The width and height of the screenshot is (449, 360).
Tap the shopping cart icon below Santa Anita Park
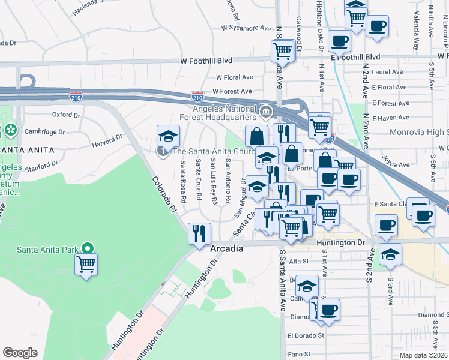pos(86,263)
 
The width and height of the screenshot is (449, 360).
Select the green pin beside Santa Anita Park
pos(88,247)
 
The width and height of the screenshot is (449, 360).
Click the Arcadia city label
pos(227,248)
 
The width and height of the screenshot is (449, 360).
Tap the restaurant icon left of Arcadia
pos(199,233)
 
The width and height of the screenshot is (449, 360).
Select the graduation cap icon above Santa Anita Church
pos(168,136)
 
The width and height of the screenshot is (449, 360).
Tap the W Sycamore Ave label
pos(246,28)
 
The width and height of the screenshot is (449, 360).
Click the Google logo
pos(20,353)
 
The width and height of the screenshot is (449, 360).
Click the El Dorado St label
pos(306,336)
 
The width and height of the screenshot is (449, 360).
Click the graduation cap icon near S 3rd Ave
pos(390,254)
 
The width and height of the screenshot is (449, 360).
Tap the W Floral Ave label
pos(235,77)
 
